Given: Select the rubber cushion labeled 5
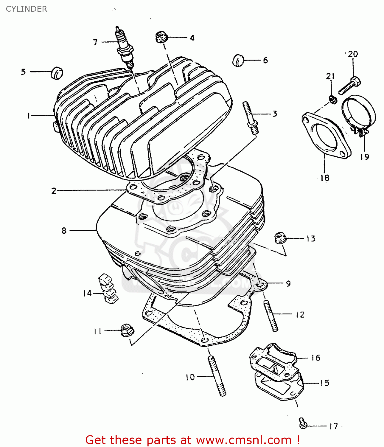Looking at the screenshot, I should [x=57, y=73].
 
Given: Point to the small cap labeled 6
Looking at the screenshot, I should [x=238, y=60].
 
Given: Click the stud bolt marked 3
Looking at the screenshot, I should [x=251, y=118].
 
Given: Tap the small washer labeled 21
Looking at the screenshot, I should [x=333, y=99].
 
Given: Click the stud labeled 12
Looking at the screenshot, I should [x=270, y=316].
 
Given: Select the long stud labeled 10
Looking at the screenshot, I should [x=217, y=376].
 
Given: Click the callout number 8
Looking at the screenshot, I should [x=64, y=231].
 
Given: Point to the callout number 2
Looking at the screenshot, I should [x=54, y=191].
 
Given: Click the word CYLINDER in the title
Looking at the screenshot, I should [x=27, y=9].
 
